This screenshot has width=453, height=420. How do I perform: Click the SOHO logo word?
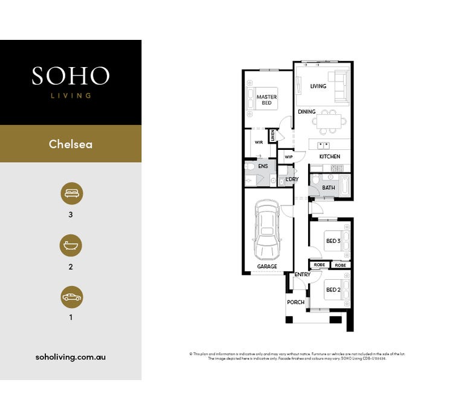(71, 76)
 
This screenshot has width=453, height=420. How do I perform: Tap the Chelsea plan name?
(71, 144)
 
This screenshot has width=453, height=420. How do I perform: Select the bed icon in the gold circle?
(71, 194)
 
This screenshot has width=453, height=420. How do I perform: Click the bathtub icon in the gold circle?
(71, 246)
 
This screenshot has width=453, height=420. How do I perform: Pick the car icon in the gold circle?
(71, 297)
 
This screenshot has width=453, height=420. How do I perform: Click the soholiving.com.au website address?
(71, 357)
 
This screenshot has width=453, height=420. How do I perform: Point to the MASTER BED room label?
(266, 100)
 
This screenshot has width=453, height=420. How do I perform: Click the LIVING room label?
(318, 86)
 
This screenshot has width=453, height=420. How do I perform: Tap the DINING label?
(307, 112)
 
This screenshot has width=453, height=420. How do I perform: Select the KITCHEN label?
(330, 157)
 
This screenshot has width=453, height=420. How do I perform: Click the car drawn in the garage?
(266, 230)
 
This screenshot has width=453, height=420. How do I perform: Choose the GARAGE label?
(267, 267)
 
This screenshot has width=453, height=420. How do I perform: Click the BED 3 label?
(333, 241)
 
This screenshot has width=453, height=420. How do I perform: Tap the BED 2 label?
(333, 290)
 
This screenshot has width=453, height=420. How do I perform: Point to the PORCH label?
(296, 302)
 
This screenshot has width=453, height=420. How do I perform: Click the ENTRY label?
(303, 275)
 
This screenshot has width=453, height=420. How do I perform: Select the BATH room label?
(329, 188)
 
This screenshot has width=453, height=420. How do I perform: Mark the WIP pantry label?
(289, 157)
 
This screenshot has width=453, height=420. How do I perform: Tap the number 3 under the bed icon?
(71, 215)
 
